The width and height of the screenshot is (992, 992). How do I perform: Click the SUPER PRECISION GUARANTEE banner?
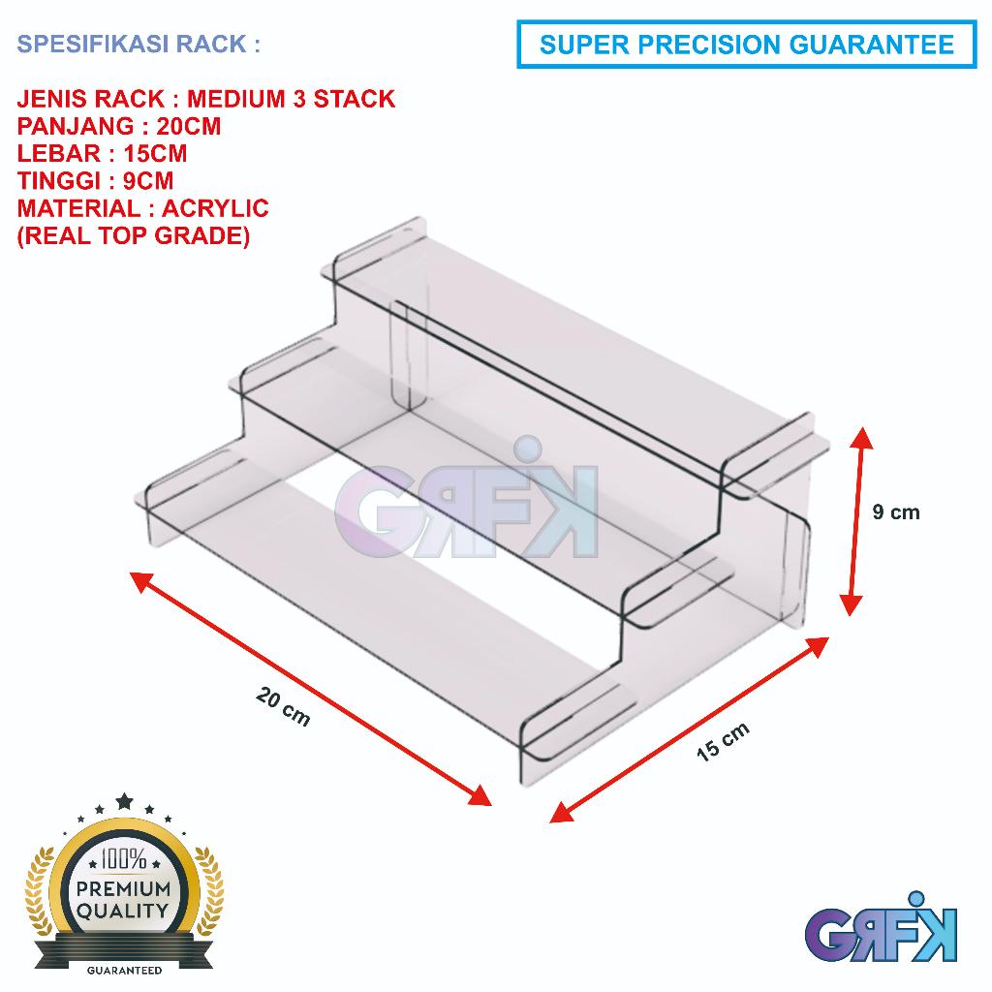[x=746, y=45]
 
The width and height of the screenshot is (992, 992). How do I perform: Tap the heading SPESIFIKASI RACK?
[x=139, y=46]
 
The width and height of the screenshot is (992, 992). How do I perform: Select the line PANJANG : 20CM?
[x=120, y=126]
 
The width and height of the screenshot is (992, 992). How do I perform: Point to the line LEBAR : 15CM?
[x=103, y=153]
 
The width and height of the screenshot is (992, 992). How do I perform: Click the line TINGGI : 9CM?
[x=97, y=181]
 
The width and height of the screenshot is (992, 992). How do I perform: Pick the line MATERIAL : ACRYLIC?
[x=143, y=208]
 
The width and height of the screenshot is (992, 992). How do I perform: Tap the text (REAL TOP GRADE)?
[x=134, y=235]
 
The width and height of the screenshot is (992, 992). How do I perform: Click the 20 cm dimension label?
[x=284, y=707]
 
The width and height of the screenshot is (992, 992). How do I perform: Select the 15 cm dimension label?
[x=723, y=743]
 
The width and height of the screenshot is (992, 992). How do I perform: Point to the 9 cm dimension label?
[x=895, y=511]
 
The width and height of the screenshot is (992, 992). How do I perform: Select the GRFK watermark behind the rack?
[x=465, y=504]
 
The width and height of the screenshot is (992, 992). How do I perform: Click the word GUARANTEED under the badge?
[x=124, y=968]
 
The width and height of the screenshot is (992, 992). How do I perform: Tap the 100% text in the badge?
[x=124, y=859]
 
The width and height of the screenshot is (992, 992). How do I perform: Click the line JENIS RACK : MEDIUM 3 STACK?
[x=206, y=99]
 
